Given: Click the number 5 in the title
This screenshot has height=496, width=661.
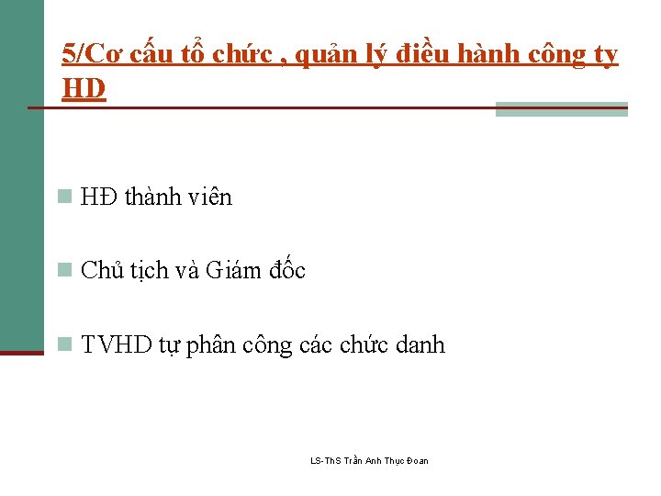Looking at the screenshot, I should coord(68,53).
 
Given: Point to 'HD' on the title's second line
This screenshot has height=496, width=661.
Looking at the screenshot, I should coord(84,88).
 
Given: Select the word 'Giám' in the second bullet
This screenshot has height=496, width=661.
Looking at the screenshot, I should coord(234,270).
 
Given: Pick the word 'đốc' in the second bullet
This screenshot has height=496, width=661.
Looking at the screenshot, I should coord(287,270).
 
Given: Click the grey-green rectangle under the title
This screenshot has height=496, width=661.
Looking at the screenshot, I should coord(561,109).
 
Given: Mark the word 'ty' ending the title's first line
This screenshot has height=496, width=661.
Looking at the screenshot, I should coord(606,55).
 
